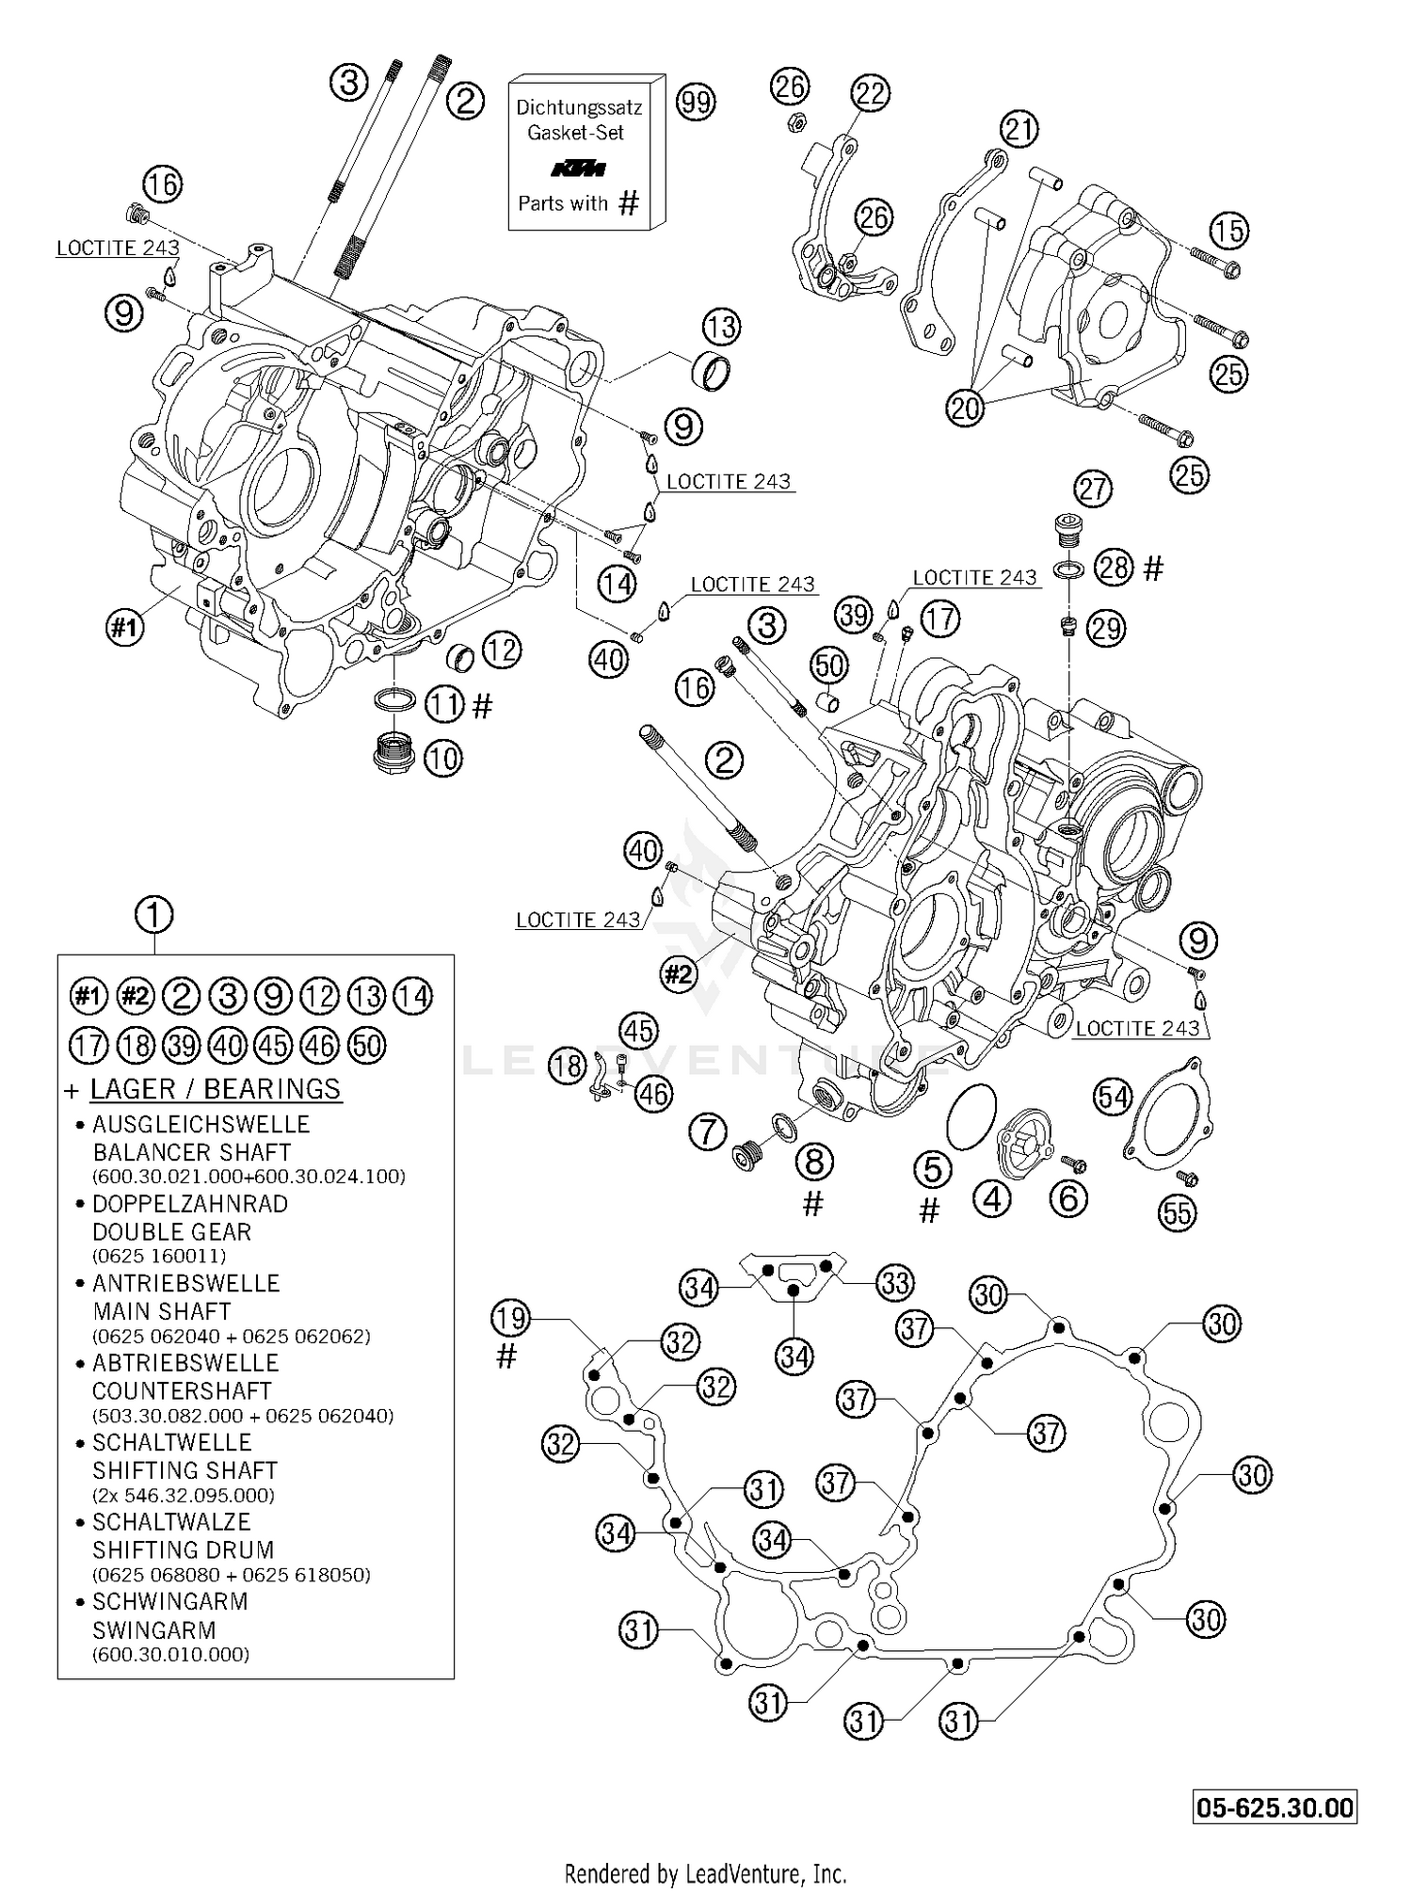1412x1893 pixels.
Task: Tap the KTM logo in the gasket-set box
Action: coord(578,169)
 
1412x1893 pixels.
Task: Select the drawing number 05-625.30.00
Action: coord(1276,1807)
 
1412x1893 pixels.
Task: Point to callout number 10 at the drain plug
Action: coord(442,757)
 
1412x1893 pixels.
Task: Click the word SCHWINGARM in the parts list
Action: coord(169,1601)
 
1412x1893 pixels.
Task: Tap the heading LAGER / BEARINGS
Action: coord(215,1089)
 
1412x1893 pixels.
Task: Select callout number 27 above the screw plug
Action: coord(1094,489)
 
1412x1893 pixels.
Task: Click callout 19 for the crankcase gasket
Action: coord(510,1319)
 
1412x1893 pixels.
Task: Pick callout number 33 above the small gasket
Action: coord(894,1282)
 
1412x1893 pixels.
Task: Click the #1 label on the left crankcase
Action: coord(125,628)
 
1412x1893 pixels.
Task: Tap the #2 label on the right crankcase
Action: coord(679,973)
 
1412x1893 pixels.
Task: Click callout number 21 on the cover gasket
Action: coord(1019,129)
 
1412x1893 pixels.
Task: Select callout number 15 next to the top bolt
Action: coord(1228,231)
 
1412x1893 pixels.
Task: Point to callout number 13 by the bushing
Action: coord(722,327)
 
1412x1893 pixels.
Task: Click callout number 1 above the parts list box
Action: coord(154,913)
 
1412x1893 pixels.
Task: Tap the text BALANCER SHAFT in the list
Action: coord(191,1152)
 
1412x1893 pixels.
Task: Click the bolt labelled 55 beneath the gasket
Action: coord(1186,1179)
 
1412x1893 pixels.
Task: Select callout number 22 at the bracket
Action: coord(870,92)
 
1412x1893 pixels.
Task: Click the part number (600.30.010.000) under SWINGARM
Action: coord(170,1655)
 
